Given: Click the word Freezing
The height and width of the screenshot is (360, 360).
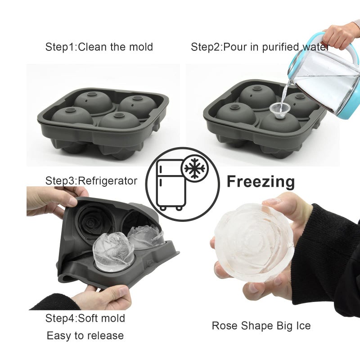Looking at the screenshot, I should (x=261, y=181).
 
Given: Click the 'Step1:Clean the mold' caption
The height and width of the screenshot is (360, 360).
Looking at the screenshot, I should (x=99, y=47).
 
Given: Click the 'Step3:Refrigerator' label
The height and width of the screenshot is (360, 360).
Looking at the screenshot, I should (x=91, y=181).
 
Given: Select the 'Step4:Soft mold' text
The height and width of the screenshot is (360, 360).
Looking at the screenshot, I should (x=85, y=319).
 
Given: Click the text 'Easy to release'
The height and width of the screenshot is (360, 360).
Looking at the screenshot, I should (x=85, y=335).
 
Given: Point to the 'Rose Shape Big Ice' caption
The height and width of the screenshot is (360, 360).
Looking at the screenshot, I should (x=261, y=325).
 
